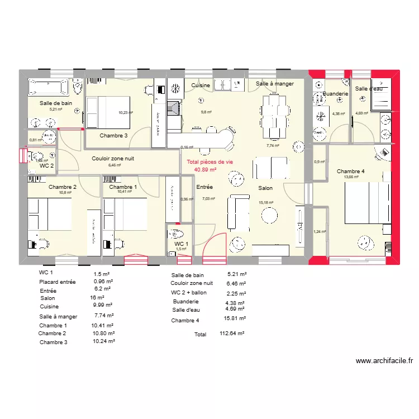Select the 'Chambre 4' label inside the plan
click(350, 171)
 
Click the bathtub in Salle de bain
click(47, 87)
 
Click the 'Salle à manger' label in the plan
click(275, 84)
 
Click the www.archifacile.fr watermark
click(384, 361)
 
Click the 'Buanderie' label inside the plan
click(335, 94)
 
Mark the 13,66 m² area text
click(351, 177)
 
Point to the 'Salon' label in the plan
click(265, 189)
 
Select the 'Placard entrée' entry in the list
click(57, 282)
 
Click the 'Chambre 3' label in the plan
click(113, 136)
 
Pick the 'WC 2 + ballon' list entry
click(189, 293)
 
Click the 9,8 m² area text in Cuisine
click(207, 112)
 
